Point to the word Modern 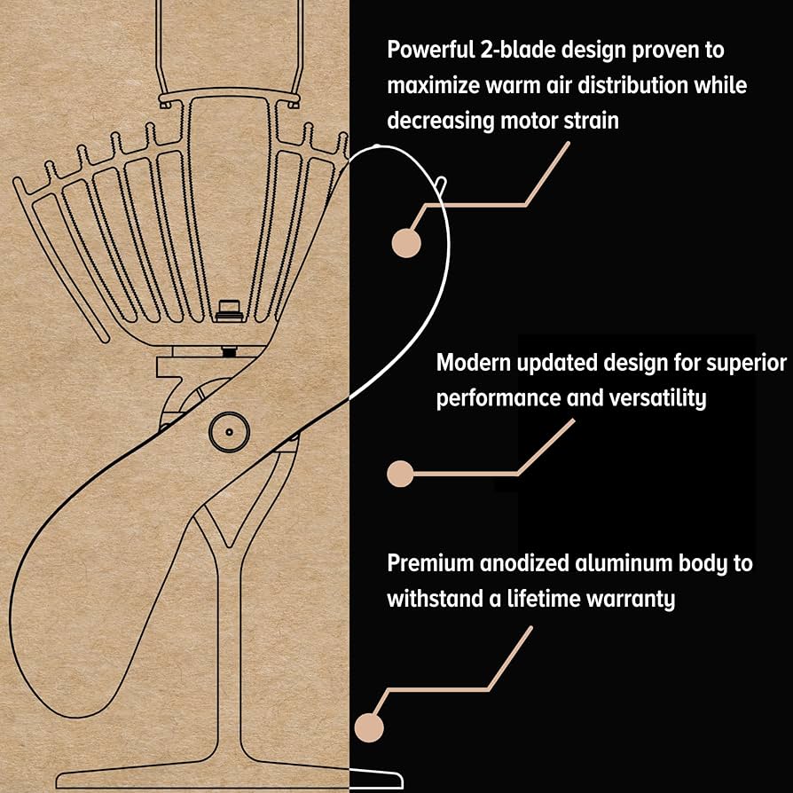click(x=477, y=363)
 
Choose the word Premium click(x=428, y=563)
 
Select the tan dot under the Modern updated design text click(x=400, y=474)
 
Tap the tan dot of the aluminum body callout click(x=368, y=727)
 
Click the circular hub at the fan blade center click(x=228, y=431)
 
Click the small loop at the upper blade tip click(x=441, y=185)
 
